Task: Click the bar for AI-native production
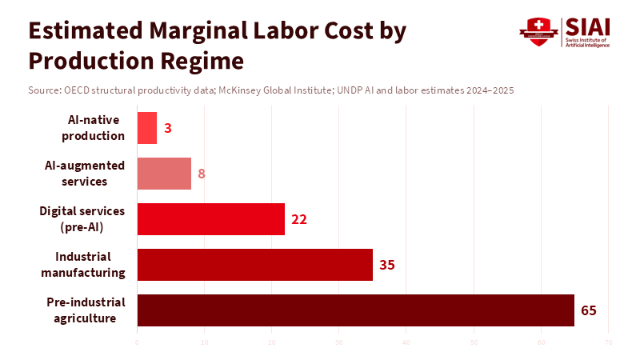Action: [147, 128]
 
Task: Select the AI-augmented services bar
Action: [164, 174]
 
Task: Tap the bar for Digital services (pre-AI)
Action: [211, 219]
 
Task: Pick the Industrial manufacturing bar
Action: [255, 265]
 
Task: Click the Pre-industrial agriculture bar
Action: [356, 310]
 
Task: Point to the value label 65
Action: [589, 310]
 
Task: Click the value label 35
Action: [387, 265]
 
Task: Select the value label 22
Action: [299, 219]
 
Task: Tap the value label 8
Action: [202, 174]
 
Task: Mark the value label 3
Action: [168, 128]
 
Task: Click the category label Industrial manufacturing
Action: [90, 265]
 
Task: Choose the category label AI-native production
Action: [95, 128]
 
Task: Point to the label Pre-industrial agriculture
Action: [86, 310]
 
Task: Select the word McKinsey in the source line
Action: [249, 90]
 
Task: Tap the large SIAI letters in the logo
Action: [587, 26]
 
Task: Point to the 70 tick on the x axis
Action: [609, 343]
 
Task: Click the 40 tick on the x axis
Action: [406, 343]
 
